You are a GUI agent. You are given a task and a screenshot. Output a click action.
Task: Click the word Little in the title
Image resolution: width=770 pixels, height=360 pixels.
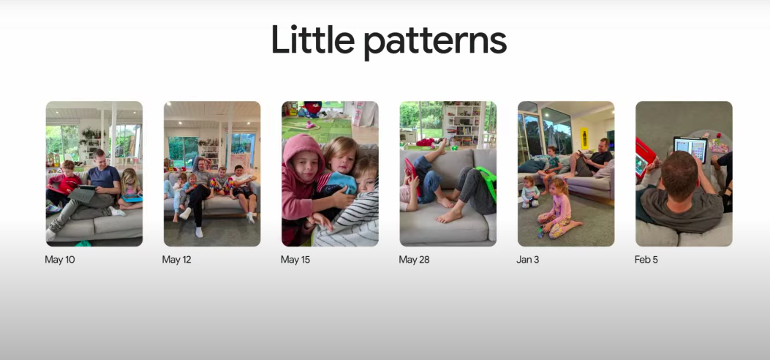coord(313,40)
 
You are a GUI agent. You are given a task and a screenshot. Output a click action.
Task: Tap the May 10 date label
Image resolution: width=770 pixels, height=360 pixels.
coord(60,259)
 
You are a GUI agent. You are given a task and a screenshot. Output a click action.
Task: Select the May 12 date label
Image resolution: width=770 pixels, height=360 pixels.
coord(177,259)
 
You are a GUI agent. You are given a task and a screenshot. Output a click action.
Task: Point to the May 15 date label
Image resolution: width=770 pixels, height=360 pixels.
coord(295,259)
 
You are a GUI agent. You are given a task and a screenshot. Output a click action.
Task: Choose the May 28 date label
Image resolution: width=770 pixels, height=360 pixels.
coord(414,259)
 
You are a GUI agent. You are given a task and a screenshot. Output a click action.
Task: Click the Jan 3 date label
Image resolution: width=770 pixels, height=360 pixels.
coord(528,259)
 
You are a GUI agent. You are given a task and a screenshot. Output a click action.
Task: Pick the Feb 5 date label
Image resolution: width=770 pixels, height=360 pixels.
coord(646,259)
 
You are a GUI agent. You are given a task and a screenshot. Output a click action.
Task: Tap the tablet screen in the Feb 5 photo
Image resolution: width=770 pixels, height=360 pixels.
coord(690,149)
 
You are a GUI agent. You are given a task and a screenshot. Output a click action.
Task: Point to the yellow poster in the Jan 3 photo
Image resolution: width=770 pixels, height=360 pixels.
coord(584,138)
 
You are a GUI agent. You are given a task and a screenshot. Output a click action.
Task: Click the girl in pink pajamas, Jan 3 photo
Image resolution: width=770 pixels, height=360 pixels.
coord(557,209)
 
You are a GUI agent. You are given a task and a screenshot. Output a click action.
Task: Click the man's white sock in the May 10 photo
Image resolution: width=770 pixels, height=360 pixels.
coord(50,235)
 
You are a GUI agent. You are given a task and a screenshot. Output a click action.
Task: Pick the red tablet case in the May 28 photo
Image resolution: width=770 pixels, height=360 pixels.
coord(411,176)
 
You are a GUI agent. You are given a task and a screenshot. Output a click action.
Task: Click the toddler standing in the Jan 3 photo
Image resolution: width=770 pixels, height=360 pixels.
coord(529,192)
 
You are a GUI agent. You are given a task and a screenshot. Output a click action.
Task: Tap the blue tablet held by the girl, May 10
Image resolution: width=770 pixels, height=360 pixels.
coord(132,198)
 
